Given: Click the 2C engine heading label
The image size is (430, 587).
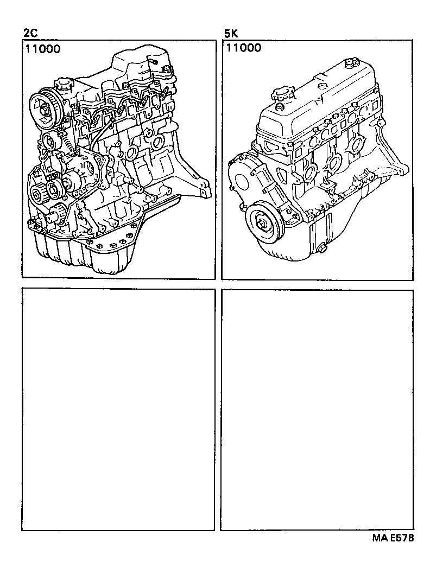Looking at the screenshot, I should click(30, 34).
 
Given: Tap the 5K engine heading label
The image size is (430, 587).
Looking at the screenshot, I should click(231, 34).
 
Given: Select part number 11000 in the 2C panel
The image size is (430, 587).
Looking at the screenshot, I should click(43, 48).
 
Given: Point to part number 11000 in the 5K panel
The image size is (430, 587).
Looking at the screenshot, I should click(243, 48).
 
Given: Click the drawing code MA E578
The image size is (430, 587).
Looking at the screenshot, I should click(393, 538).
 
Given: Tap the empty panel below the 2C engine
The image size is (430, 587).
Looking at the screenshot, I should click(118, 410).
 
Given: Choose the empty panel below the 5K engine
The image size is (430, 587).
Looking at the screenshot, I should click(317, 410).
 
